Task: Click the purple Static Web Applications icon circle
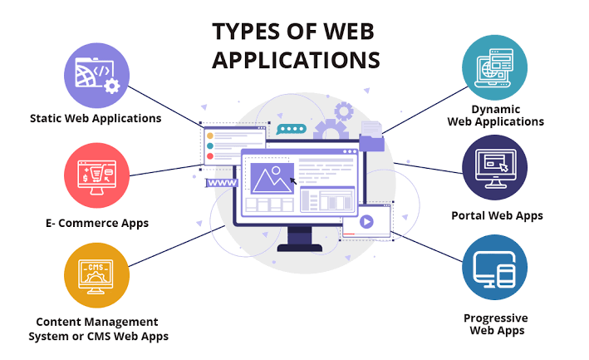point(96,76)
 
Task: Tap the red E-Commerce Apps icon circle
point(96,175)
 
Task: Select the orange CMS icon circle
point(96,275)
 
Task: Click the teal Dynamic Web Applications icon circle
point(495,67)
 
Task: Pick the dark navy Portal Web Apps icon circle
point(495,167)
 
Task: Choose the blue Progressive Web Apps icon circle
point(495,267)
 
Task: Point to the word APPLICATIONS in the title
point(296,60)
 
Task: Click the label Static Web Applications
point(96,118)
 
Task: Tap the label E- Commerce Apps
point(97,223)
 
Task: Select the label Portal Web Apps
point(497,215)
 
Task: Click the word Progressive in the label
point(495,318)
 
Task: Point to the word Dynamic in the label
point(496,110)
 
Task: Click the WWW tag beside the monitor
point(222,183)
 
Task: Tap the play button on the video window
point(366,221)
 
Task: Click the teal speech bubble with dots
point(291,129)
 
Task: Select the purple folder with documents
point(371,137)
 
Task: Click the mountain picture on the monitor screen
point(272,178)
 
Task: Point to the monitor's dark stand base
point(299,248)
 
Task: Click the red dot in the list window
point(210,156)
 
